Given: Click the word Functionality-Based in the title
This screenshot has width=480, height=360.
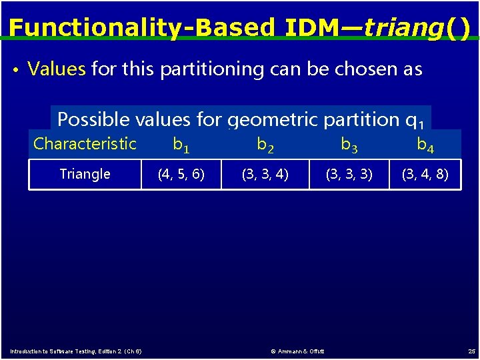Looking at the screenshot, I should coord(141,27).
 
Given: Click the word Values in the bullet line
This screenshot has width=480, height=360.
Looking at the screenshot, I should coord(57,69).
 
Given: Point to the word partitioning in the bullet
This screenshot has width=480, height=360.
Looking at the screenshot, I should coord(204,69).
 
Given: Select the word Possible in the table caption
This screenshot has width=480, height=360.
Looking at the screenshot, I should coord(93,119).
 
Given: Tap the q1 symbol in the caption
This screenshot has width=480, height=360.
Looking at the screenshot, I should coord(414,121).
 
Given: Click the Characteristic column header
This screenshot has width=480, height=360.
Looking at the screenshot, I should coord(85,143).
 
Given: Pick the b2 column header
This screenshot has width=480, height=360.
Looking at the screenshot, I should coord(265,144).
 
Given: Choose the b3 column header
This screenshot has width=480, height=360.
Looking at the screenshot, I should coord(349,144).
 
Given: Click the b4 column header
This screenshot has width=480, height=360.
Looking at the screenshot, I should coord(425,144).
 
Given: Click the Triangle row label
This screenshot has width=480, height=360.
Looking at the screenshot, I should coord(85,174).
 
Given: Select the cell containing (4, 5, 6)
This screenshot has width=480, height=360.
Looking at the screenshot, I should coord(181,175).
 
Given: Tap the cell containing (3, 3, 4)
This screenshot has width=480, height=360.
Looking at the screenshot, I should coord(265,175).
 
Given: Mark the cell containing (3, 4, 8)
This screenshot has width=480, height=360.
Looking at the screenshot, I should coord(425,175).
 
